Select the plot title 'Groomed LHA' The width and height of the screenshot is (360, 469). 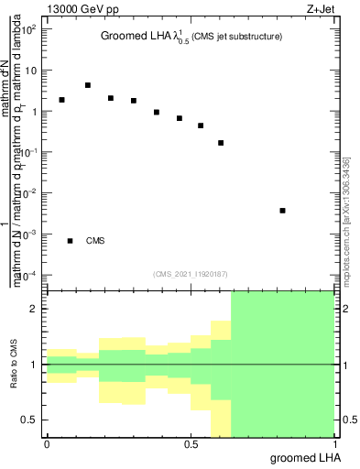point(136,37)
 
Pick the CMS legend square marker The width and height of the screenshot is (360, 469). point(70,241)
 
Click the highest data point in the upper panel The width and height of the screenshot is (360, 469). point(88,85)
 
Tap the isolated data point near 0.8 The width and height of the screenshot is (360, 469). point(282,211)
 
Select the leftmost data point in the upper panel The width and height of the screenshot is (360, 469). point(61,100)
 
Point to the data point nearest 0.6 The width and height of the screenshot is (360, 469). point(221,143)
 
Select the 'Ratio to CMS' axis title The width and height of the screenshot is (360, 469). point(14,365)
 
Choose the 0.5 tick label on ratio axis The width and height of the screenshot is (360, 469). point(31,420)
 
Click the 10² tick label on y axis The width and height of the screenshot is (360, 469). point(28,29)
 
